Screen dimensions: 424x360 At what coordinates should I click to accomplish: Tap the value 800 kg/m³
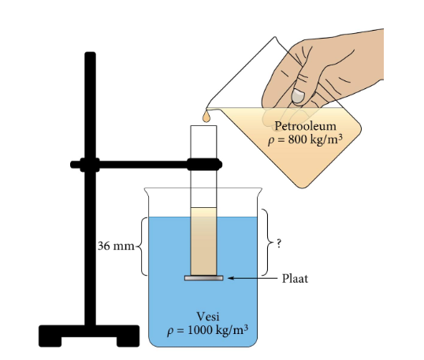315,139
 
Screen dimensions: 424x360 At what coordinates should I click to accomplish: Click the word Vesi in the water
208,316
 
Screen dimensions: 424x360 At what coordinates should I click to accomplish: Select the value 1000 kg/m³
218,330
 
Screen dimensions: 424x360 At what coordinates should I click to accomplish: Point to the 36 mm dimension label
116,247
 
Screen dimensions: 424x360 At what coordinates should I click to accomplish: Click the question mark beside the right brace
279,243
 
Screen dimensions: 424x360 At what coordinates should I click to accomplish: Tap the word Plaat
295,278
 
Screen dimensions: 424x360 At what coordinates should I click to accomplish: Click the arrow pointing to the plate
252,278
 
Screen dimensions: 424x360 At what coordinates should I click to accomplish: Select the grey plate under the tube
204,278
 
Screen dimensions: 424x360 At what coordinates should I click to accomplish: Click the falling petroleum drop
206,117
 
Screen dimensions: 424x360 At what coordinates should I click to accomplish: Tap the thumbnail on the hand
298,96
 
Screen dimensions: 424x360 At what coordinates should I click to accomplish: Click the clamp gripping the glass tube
204,165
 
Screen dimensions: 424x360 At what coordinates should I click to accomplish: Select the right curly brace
267,242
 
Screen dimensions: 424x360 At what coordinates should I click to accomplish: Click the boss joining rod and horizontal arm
90,165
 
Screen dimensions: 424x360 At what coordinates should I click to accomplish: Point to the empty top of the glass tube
203,142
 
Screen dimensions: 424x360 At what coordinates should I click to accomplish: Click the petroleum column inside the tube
203,241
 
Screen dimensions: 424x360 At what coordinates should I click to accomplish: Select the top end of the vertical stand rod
90,53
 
